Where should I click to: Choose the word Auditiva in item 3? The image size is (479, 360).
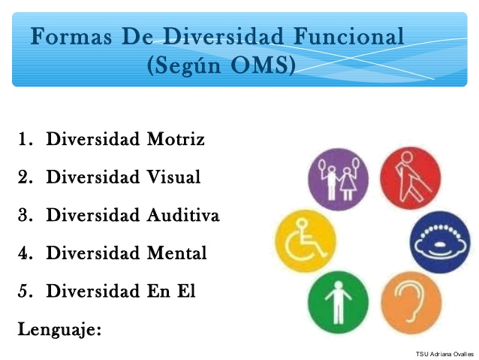click(183, 216)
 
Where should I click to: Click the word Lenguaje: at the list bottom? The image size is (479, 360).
click(59, 328)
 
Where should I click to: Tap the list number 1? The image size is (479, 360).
click(25, 140)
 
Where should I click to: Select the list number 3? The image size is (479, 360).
click(25, 216)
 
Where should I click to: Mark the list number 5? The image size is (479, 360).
click(25, 292)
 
